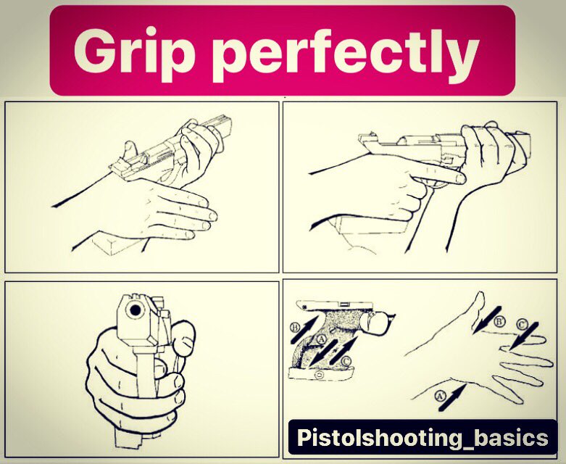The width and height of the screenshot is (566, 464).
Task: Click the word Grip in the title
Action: tap(132, 54)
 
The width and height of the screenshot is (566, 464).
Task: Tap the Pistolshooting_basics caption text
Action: tap(423, 437)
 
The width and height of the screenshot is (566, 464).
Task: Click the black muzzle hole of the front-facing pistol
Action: tap(136, 310)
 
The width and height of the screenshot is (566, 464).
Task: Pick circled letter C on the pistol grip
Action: tap(346, 361)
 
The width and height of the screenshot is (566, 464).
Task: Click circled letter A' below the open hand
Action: tap(439, 396)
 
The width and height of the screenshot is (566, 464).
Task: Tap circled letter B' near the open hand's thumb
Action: tap(499, 321)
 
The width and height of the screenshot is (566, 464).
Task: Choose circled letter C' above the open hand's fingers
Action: tap(521, 324)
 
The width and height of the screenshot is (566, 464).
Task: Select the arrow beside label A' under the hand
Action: tap(452, 397)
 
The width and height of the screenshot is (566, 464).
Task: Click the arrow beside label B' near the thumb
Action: tap(487, 320)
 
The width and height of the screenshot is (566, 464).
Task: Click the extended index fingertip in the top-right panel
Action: tap(459, 178)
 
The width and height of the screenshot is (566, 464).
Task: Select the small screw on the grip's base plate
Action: tap(319, 375)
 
